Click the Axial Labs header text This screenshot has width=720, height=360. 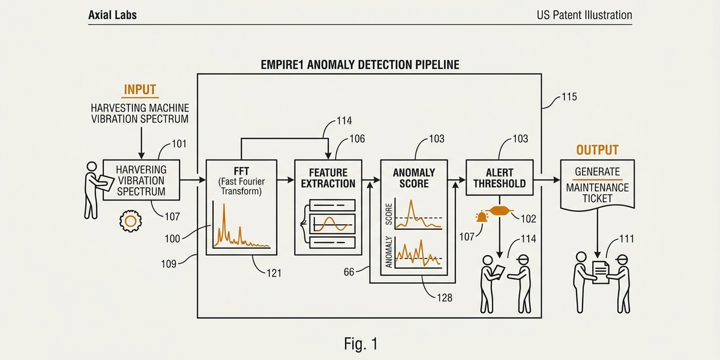(112, 15)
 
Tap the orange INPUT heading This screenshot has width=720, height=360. (140, 90)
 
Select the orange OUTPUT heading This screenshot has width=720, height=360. (597, 150)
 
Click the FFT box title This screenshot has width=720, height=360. (241, 170)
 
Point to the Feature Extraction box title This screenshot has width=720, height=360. (328, 178)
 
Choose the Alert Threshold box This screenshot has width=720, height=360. (499, 178)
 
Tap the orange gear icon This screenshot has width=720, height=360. (130, 221)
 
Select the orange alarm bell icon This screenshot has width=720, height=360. (481, 217)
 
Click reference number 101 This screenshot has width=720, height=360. (179, 143)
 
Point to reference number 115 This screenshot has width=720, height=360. (569, 96)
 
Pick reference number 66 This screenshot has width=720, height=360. (349, 272)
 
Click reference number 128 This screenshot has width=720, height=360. (445, 297)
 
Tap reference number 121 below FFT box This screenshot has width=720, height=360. (274, 272)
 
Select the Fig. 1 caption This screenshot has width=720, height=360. (361, 344)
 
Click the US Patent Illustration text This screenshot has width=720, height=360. (584, 15)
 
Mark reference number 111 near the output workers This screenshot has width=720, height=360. (626, 239)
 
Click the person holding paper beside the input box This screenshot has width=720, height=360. (92, 188)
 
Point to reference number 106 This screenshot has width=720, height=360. (357, 139)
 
